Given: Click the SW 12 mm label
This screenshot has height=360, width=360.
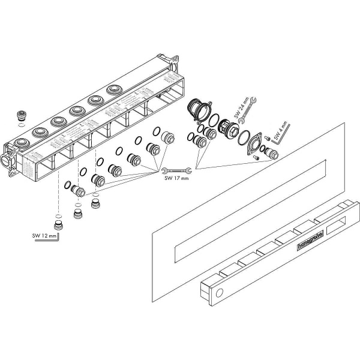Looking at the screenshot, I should [x=45, y=236].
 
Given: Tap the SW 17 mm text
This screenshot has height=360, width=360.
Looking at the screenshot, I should [x=175, y=177].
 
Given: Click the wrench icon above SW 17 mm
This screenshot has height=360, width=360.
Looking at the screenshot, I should [x=176, y=170].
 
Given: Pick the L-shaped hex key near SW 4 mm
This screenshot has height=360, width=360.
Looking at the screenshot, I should [x=286, y=128].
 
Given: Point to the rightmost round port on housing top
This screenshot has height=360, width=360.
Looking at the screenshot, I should [x=113, y=90].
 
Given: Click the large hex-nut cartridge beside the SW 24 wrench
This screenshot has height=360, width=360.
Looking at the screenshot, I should [x=227, y=128].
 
